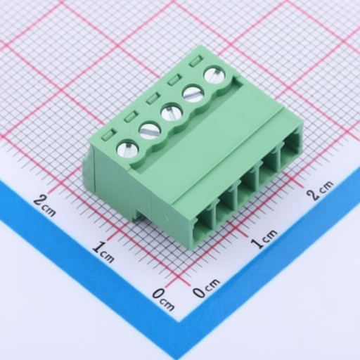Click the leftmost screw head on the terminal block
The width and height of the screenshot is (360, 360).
click(x=128, y=150)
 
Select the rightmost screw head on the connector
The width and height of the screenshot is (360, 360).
click(x=215, y=75)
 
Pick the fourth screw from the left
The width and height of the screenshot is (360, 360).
click(x=193, y=94)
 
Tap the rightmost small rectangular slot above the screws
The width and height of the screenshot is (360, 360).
click(x=196, y=61)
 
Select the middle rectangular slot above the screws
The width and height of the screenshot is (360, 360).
click(x=153, y=98)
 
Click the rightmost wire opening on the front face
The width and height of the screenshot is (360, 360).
click(x=290, y=155)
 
